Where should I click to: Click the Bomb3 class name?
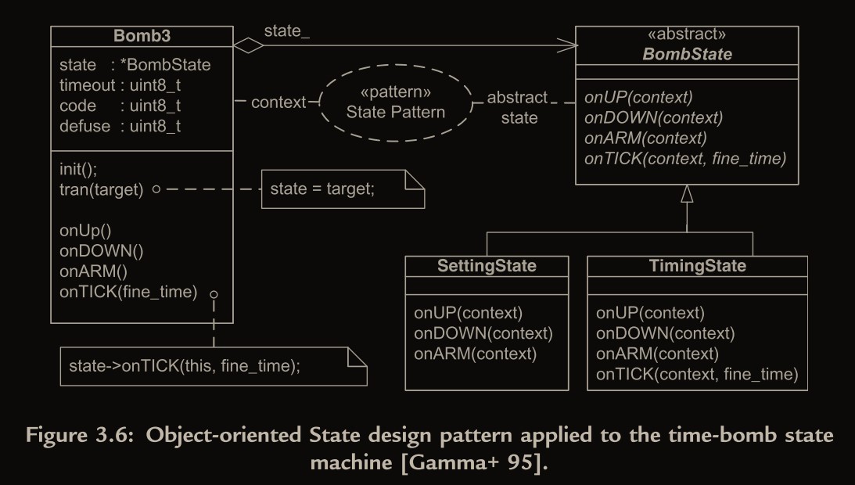(142, 37)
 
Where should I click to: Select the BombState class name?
(687, 55)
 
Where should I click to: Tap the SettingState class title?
(487, 266)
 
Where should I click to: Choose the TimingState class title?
(697, 266)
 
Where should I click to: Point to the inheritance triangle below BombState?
(687, 194)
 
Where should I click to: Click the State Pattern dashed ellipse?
(395, 103)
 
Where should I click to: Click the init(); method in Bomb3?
(78, 168)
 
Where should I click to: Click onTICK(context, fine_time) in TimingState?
(696, 375)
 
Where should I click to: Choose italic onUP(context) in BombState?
(638, 98)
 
